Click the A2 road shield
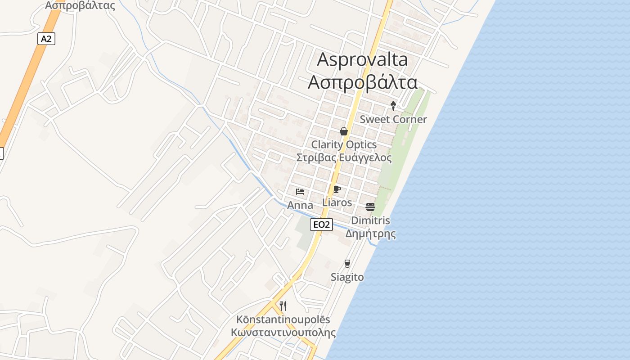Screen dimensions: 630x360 point(46,39)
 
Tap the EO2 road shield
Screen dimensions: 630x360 point(321,224)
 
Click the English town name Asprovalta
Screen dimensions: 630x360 point(362,59)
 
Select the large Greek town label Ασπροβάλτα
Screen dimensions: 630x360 point(362,82)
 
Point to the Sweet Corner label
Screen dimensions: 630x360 point(393,119)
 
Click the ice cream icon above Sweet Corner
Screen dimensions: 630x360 point(393,106)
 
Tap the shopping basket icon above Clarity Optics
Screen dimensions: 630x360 point(344,131)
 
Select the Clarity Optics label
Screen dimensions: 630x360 point(344,144)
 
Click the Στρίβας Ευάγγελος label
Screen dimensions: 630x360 point(344,158)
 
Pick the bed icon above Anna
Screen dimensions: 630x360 point(300,192)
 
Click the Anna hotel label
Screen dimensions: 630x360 point(300,205)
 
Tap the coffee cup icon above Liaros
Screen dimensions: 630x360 point(337,189)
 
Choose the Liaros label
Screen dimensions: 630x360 point(337,202)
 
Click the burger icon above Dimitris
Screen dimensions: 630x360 point(370,207)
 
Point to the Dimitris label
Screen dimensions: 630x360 point(370,220)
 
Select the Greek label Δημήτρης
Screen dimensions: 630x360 point(370,234)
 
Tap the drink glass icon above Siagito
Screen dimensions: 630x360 point(347,264)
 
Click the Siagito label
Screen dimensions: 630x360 point(347,277)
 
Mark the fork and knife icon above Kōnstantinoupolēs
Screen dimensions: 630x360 point(283,306)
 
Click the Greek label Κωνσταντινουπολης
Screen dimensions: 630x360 point(283,333)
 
